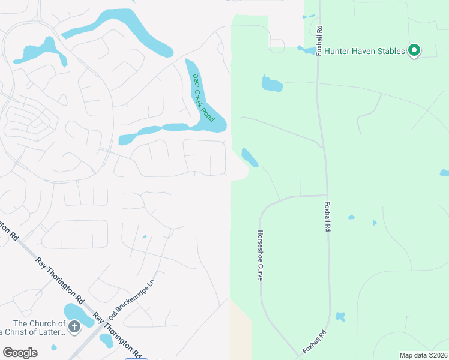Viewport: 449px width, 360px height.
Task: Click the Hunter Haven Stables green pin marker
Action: pos(414,51)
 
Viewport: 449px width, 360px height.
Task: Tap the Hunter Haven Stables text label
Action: pos(364,52)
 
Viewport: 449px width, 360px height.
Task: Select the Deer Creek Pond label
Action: pos(203,97)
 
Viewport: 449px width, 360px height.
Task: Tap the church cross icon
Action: pos(74,327)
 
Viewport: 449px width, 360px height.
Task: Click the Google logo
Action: pos(20,353)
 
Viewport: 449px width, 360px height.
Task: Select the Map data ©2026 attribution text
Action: pos(423,355)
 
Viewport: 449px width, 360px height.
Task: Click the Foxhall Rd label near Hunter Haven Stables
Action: pos(319,40)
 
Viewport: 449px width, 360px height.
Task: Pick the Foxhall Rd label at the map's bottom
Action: pos(315,341)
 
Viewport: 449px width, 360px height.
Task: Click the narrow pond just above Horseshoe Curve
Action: pos(250,157)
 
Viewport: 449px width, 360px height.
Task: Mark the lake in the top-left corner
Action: pos(40,50)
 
